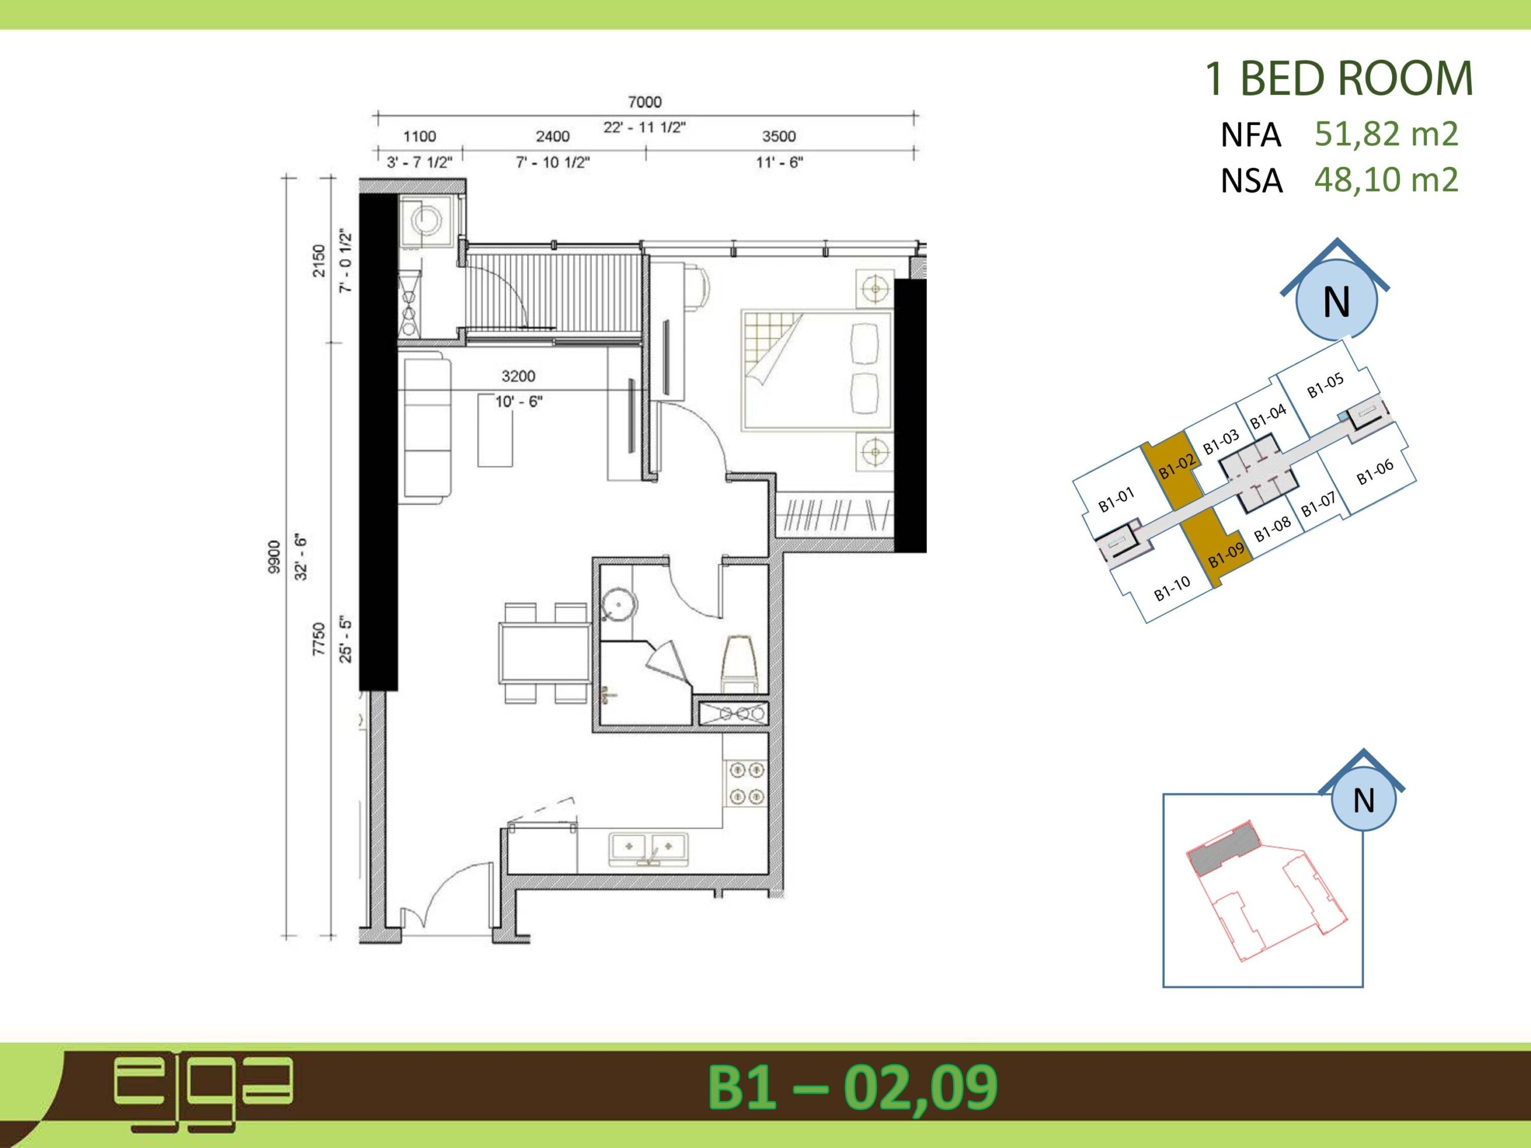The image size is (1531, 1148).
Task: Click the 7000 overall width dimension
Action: [644, 102]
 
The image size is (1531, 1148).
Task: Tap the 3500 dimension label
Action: [779, 136]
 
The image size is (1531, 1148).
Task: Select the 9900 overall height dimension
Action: [274, 556]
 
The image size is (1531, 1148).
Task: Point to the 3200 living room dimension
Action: [519, 375]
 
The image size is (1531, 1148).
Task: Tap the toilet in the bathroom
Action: [739, 663]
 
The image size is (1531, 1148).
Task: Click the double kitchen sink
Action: [648, 848]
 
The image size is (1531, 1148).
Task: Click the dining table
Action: [545, 652]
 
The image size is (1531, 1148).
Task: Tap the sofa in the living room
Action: [423, 428]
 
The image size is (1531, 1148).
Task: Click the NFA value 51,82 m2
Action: [1386, 133]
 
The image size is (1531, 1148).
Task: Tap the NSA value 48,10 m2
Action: [1386, 180]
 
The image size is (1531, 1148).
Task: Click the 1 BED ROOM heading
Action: [1338, 79]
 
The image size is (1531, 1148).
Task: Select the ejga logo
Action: [203, 1094]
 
